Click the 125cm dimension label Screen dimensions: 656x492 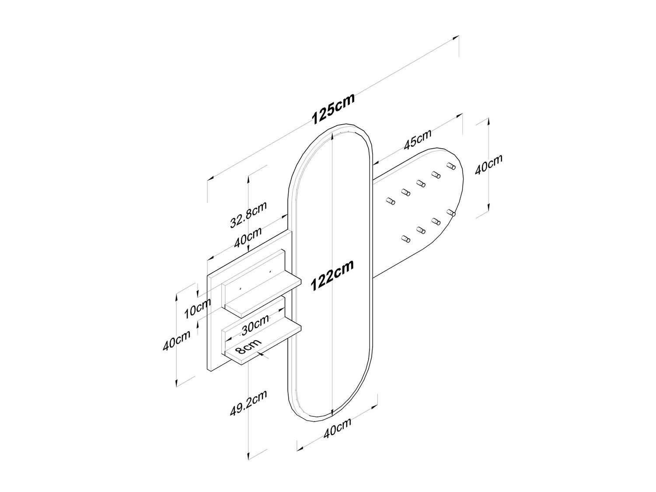[x=333, y=108]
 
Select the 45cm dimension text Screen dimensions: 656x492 [x=418, y=140]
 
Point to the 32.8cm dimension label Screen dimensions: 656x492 [x=248, y=215]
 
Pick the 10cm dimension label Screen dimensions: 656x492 [x=198, y=308]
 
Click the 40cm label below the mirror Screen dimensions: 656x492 [x=337, y=428]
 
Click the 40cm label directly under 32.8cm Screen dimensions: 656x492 [x=248, y=237]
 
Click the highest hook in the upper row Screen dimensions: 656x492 [x=451, y=166]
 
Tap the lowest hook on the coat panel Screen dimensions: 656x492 [x=405, y=239]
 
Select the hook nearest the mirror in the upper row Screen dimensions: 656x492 [x=391, y=201]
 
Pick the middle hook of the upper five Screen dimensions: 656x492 [x=421, y=184]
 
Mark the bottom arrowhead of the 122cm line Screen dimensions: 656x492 [x=332, y=412]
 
